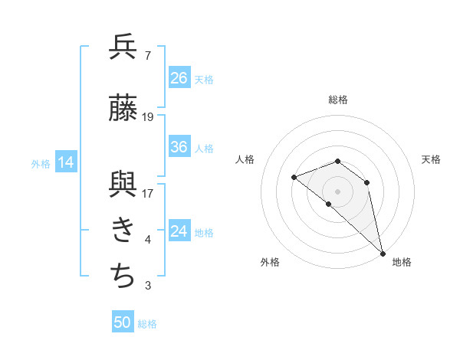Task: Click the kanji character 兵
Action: tap(123, 47)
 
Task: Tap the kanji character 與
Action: tap(123, 186)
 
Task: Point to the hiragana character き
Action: tap(123, 231)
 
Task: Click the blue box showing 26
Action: tap(179, 77)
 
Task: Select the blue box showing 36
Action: tap(179, 147)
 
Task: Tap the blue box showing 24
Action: tap(179, 231)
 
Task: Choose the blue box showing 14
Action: tap(66, 162)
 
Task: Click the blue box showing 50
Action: tap(123, 322)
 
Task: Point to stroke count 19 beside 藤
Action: tap(148, 118)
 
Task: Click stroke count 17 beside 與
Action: tap(148, 194)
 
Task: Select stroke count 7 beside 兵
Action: tap(147, 55)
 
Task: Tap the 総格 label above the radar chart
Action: tap(338, 100)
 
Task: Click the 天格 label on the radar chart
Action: tap(432, 159)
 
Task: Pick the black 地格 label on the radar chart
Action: tap(402, 263)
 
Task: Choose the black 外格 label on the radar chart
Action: tap(270, 263)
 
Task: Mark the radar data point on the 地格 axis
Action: tap(383, 253)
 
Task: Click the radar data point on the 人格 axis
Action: tap(294, 178)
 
